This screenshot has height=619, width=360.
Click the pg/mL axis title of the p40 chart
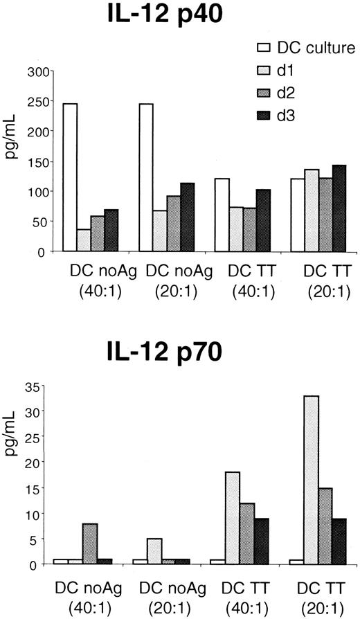point(12,161)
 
